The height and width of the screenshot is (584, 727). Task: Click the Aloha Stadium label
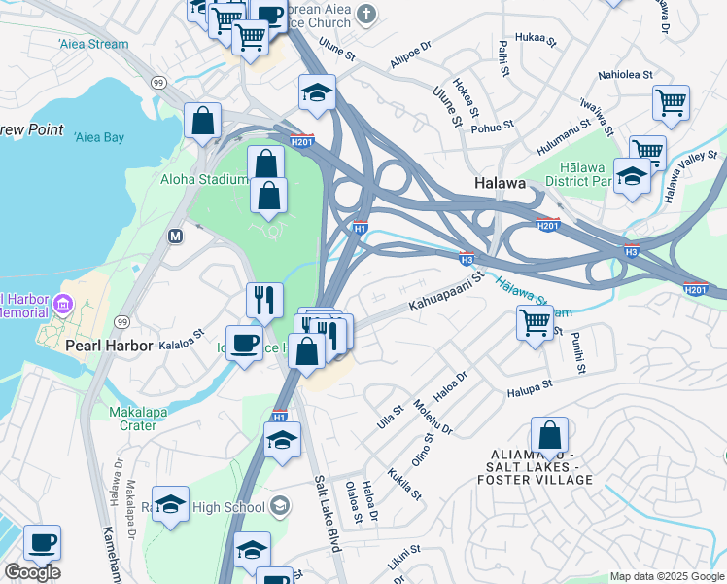pyautogui.click(x=205, y=179)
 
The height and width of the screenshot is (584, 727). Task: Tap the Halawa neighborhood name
pyautogui.click(x=501, y=183)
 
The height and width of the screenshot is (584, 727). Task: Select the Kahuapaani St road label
pyautogui.click(x=445, y=292)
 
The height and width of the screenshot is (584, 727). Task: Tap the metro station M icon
pyautogui.click(x=176, y=236)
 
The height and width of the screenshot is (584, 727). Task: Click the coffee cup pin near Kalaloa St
pyautogui.click(x=244, y=343)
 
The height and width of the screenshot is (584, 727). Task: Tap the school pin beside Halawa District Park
pyautogui.click(x=633, y=176)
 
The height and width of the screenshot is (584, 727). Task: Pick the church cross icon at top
pyautogui.click(x=365, y=14)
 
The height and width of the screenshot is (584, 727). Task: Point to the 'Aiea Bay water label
pyautogui.click(x=99, y=137)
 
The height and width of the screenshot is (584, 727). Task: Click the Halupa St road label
pyautogui.click(x=529, y=387)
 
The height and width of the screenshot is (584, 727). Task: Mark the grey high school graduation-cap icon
pyautogui.click(x=280, y=505)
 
